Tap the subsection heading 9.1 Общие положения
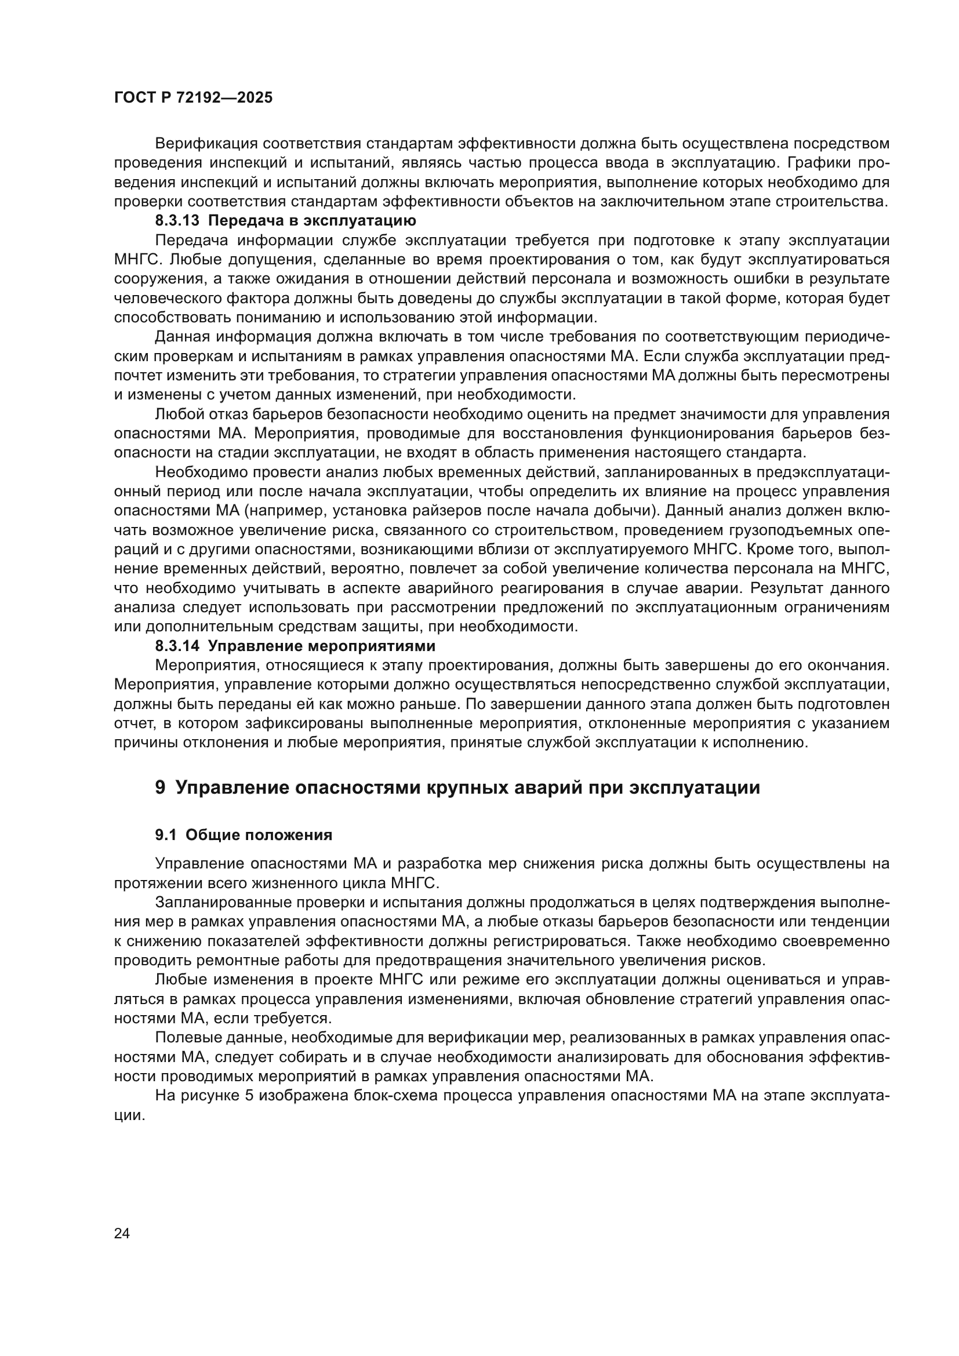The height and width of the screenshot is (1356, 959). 244,835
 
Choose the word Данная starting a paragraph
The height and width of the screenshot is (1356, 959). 181,337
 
